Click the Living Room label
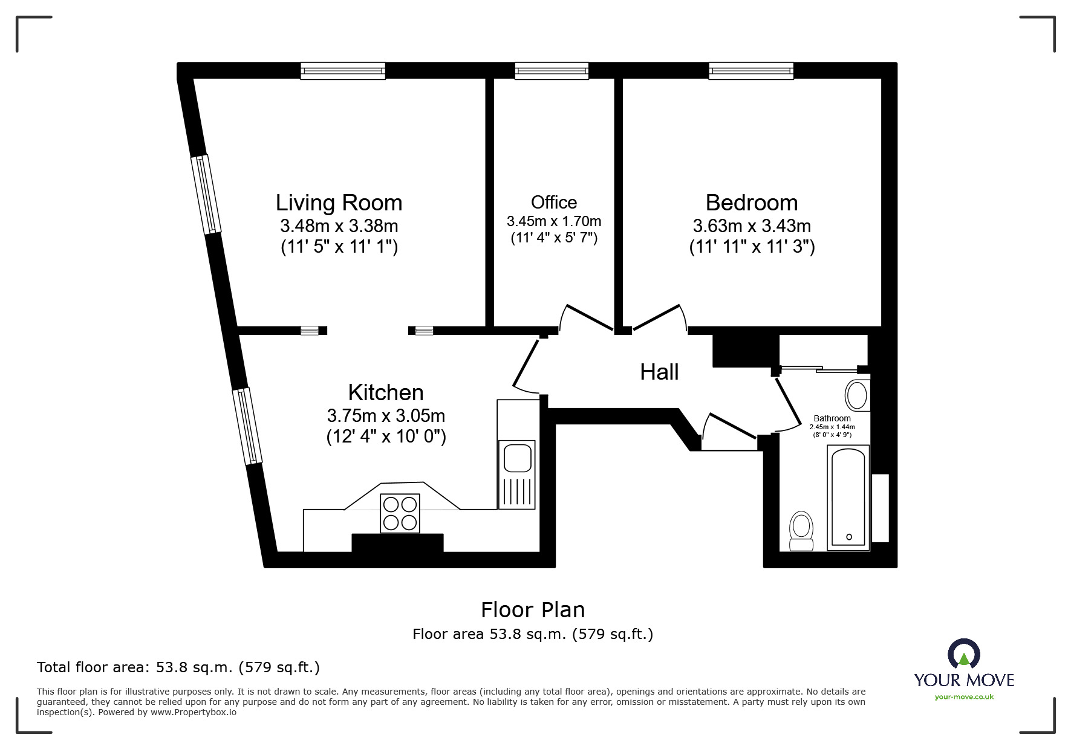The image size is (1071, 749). [x=339, y=203]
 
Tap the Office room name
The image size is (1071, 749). [x=553, y=202]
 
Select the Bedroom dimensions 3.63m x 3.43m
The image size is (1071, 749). [x=751, y=226]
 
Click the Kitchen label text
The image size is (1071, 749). [x=386, y=393]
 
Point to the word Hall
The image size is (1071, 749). [x=659, y=372]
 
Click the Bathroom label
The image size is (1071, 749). [x=832, y=418]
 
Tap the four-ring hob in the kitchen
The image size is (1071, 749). [x=400, y=513]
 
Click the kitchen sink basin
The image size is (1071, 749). [x=517, y=458]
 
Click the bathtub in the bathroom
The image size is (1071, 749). [x=848, y=498]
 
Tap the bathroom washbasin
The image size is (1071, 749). [x=856, y=395]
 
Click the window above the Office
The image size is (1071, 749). [x=552, y=71]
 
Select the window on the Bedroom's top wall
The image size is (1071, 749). [x=751, y=71]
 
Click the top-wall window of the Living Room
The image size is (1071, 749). [x=343, y=71]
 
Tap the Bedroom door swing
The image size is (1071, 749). [x=659, y=317]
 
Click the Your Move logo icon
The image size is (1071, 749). [x=963, y=655]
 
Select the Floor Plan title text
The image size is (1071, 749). [x=532, y=610]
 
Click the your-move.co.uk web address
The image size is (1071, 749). [x=964, y=697]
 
